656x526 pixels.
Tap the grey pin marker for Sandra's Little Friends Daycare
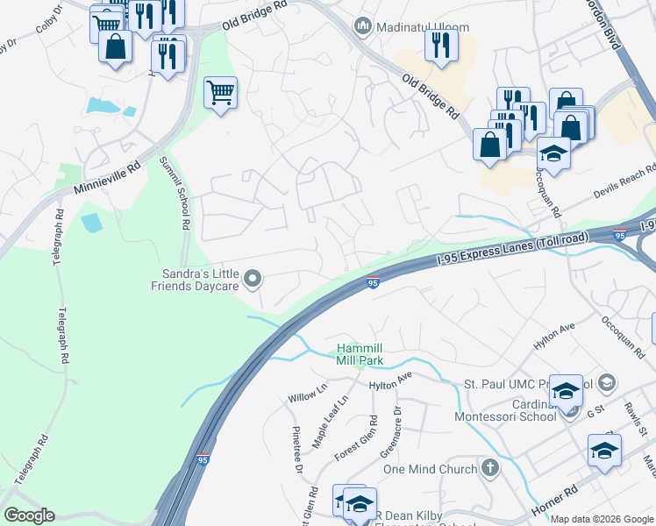(253, 279)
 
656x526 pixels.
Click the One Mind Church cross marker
(490, 468)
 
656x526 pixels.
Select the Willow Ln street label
(307, 392)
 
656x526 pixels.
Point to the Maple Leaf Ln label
(331, 411)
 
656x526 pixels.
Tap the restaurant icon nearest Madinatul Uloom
(441, 44)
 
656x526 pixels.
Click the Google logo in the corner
(29, 515)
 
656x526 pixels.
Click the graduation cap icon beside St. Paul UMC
(566, 390)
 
